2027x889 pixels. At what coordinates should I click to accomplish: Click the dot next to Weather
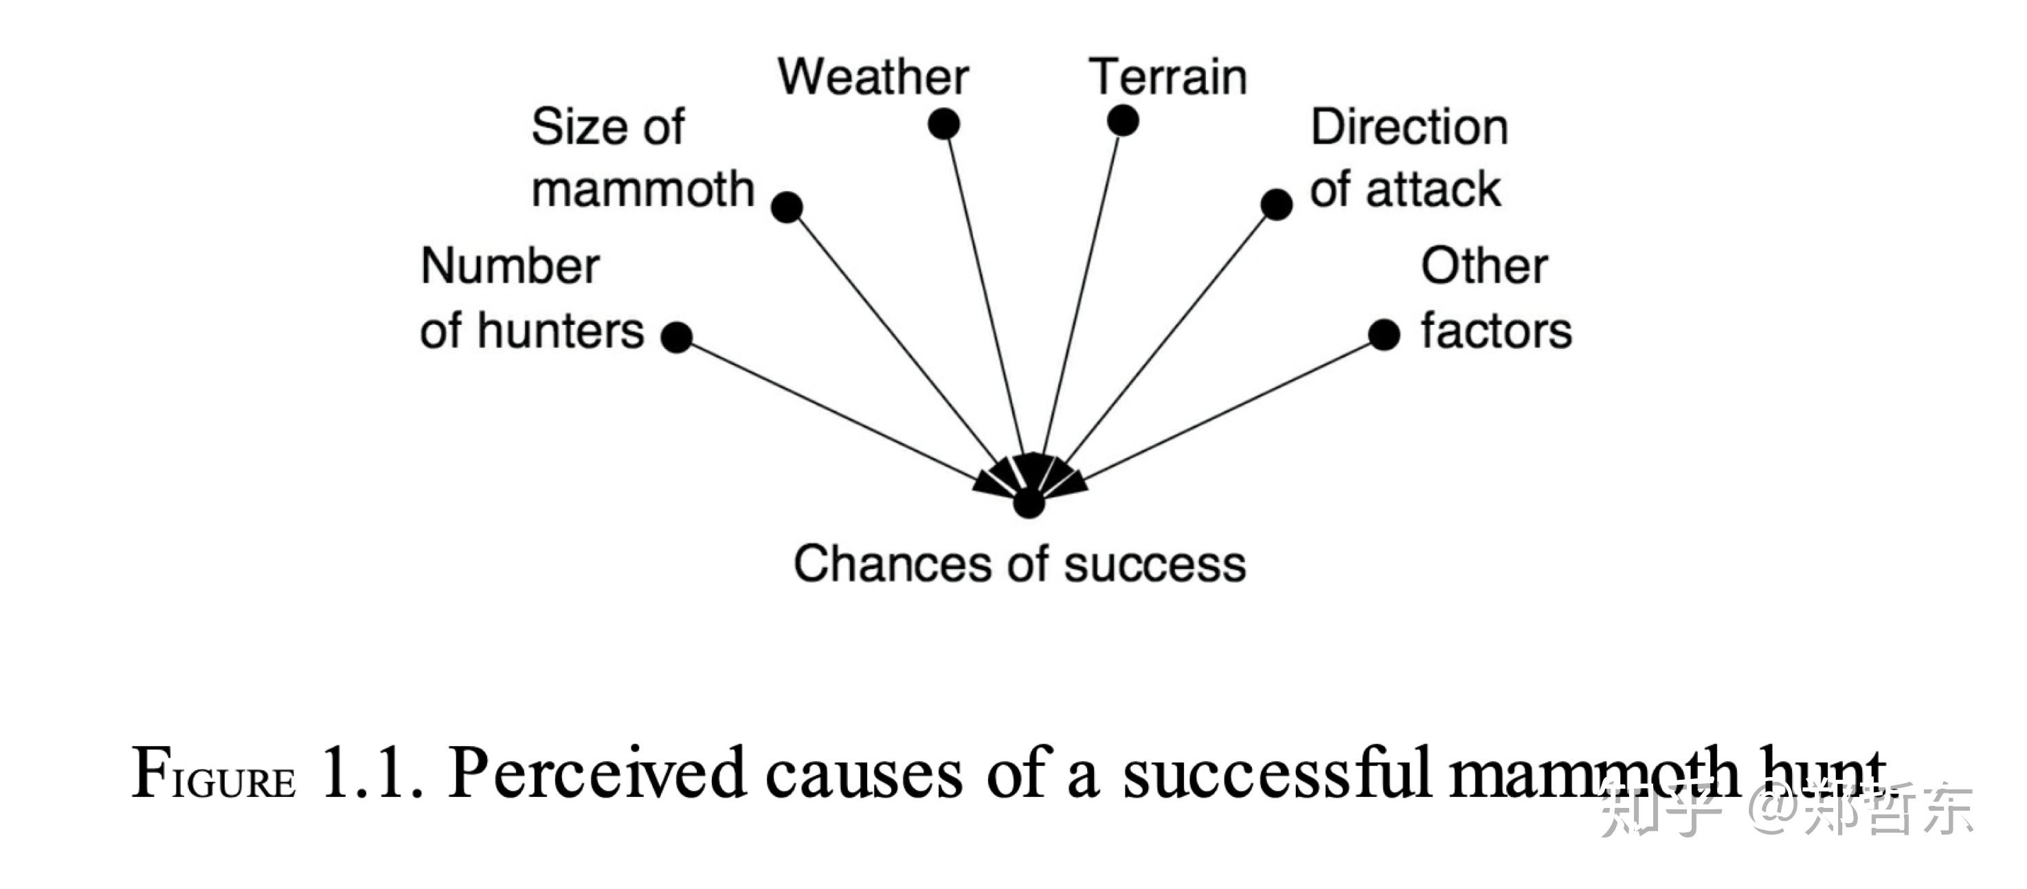pyautogui.click(x=943, y=124)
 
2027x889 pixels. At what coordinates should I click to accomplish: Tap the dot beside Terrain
pyautogui.click(x=1123, y=120)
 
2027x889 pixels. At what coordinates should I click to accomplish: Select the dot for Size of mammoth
pyautogui.click(x=787, y=207)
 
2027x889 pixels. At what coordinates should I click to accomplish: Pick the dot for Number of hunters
pyautogui.click(x=677, y=337)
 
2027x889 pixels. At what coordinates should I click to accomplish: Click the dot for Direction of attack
pyautogui.click(x=1276, y=205)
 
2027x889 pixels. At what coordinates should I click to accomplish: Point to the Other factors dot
pyautogui.click(x=1384, y=335)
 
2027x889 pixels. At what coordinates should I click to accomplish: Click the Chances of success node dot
pyautogui.click(x=1029, y=503)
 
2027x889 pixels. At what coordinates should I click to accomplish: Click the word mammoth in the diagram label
pyautogui.click(x=643, y=190)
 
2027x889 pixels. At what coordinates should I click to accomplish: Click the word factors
pyautogui.click(x=1497, y=330)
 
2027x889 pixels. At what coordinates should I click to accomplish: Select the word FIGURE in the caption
pyautogui.click(x=213, y=774)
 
